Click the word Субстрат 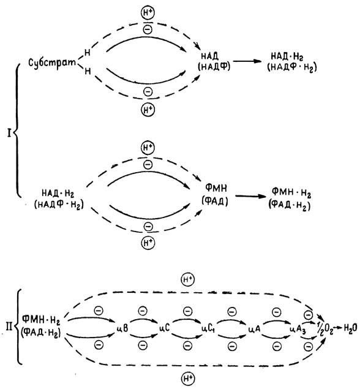tap(52, 62)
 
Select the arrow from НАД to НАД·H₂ tap(248, 61)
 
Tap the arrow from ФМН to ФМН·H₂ tap(250, 196)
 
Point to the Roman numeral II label tap(9, 327)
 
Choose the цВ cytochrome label tap(122, 328)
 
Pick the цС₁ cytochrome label tap(209, 329)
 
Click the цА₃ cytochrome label tap(298, 330)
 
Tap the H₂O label tap(350, 328)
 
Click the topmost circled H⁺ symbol tap(148, 13)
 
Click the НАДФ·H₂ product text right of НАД tap(292, 68)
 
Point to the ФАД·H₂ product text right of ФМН tap(290, 206)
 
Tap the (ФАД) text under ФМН tap(215, 202)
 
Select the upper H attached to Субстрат tap(87, 52)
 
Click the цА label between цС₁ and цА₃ tap(254, 329)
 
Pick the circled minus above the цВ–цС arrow tap(142, 311)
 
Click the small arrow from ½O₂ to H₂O tap(338, 328)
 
